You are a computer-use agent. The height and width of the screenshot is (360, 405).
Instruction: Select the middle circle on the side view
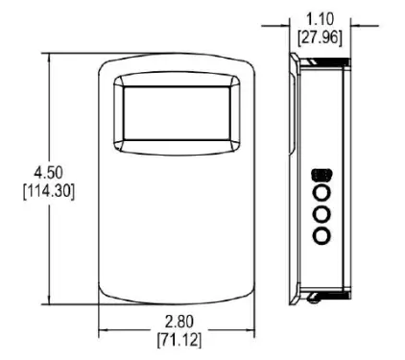click(322, 214)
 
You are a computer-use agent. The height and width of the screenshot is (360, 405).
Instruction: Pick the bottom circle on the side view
click(322, 233)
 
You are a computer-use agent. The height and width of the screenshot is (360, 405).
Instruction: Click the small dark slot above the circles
click(322, 177)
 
